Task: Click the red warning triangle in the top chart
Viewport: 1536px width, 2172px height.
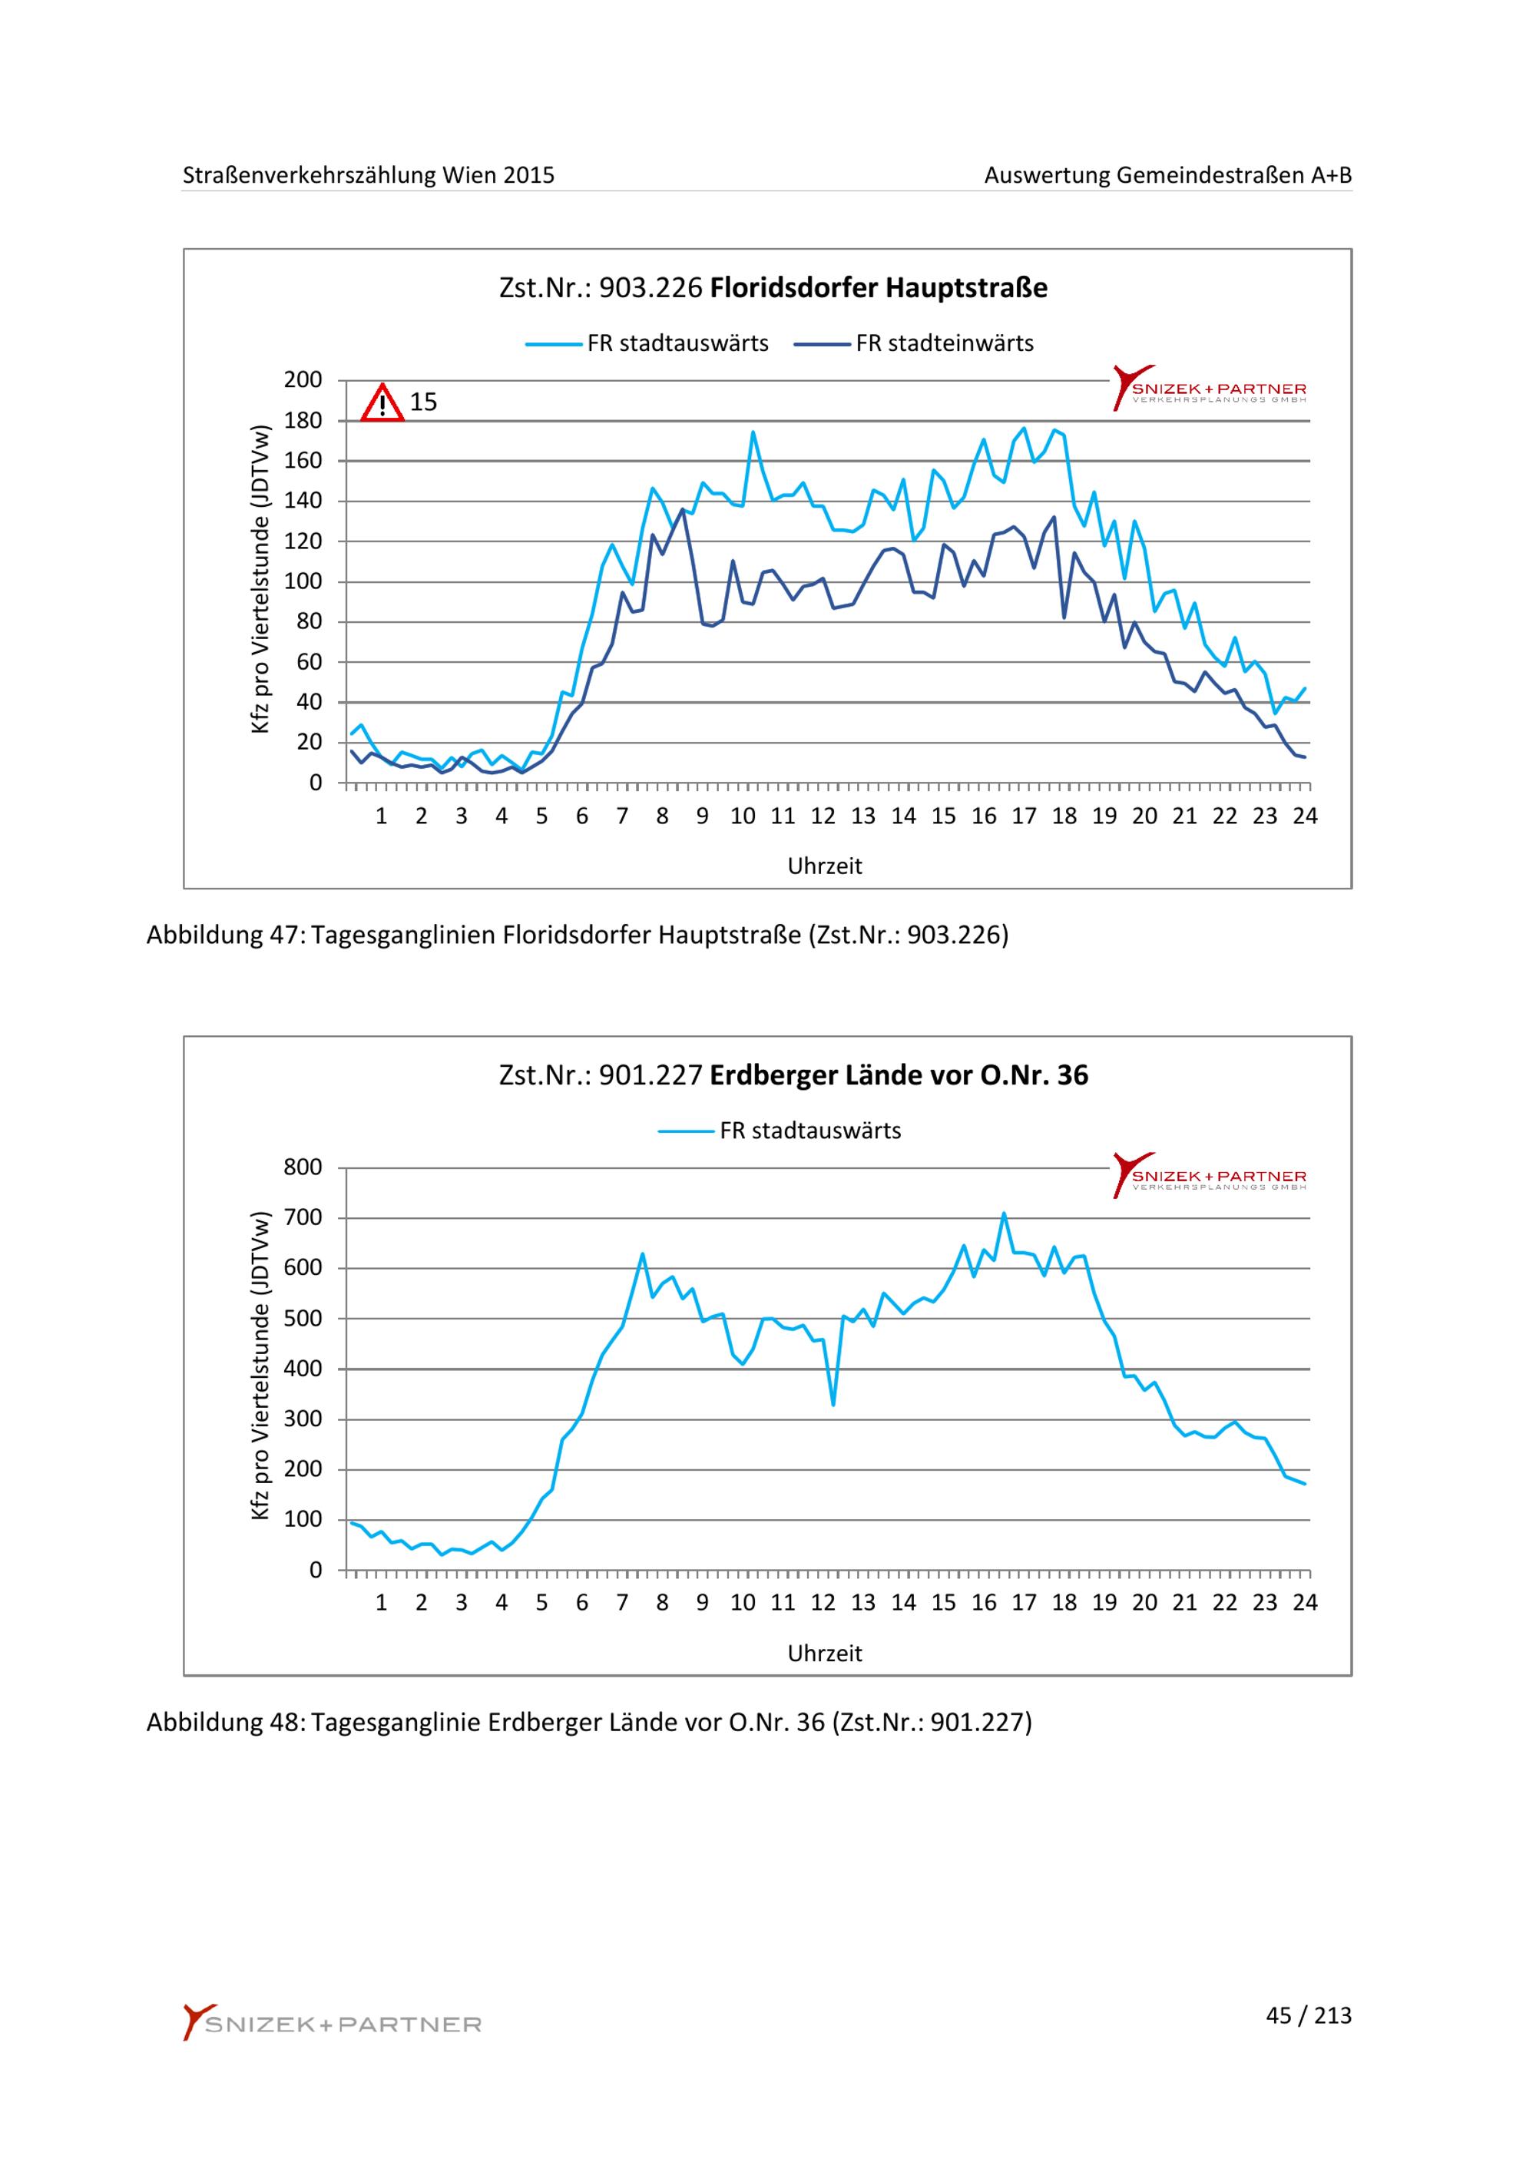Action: pos(382,403)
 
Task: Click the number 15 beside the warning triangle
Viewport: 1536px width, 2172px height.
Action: pos(422,403)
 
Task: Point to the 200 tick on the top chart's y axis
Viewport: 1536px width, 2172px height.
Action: pos(303,380)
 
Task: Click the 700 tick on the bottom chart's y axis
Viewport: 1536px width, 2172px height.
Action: pos(303,1218)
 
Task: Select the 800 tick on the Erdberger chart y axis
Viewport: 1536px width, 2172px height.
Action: pos(303,1167)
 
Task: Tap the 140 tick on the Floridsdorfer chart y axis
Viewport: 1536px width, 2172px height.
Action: pos(303,502)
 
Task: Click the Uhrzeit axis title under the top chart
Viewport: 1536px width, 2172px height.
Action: pos(825,866)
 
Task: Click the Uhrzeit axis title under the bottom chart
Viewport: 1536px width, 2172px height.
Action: pos(825,1654)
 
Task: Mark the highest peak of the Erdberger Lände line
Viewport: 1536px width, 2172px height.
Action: pos(1004,1213)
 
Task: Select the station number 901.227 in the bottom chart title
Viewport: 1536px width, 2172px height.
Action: pos(650,1075)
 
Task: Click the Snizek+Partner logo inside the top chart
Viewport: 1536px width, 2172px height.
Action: pos(1209,388)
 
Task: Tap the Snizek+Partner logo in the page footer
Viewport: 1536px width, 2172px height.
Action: pos(333,2024)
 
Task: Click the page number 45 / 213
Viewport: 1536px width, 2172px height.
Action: pos(1308,2016)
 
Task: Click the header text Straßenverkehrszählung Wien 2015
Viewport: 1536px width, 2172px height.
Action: pos(368,175)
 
